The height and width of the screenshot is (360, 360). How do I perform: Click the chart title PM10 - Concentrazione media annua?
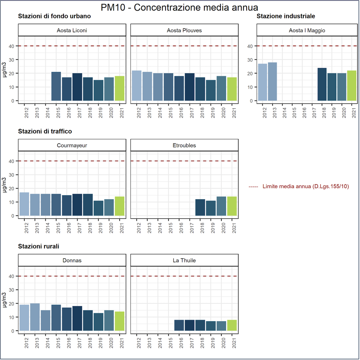[179, 7]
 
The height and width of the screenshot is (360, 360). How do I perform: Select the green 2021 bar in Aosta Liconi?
[119, 88]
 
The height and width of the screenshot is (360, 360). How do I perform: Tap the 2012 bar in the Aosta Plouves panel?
[136, 86]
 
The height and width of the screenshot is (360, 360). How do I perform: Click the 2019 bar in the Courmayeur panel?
[98, 208]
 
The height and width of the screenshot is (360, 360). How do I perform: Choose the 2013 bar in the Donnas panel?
[35, 317]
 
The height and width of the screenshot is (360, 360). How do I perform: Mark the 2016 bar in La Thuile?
[179, 325]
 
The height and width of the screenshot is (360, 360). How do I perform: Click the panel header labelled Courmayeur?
[72, 145]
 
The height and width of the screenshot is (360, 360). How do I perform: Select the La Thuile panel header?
[184, 260]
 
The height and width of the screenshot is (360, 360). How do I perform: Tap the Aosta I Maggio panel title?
[307, 30]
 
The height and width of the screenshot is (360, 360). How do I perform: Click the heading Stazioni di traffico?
[45, 131]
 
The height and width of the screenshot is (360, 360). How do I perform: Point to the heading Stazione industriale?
[286, 16]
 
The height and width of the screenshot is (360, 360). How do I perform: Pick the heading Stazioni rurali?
[39, 246]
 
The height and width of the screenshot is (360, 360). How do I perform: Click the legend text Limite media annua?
[305, 186]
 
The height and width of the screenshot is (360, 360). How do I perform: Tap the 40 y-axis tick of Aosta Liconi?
[11, 46]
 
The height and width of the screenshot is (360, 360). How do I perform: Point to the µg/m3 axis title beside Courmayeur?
[4, 185]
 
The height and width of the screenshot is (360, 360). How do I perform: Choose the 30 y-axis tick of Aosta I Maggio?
[250, 60]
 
